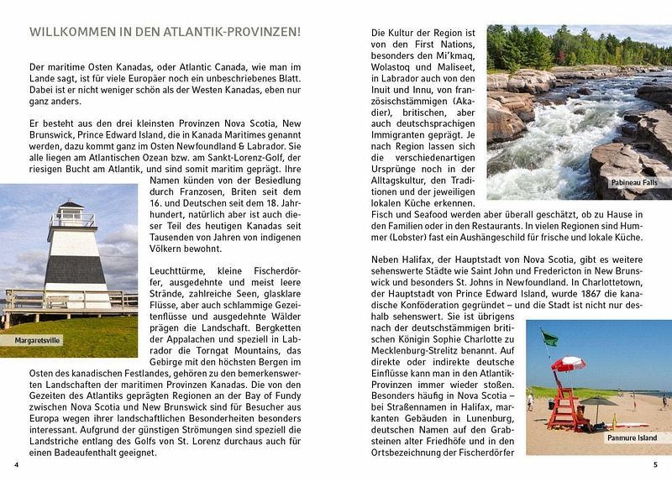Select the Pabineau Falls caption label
point(634,182)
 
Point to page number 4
point(16,465)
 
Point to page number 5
point(655,465)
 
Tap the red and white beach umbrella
point(569,363)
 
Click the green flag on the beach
point(549,338)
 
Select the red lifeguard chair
point(564,403)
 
